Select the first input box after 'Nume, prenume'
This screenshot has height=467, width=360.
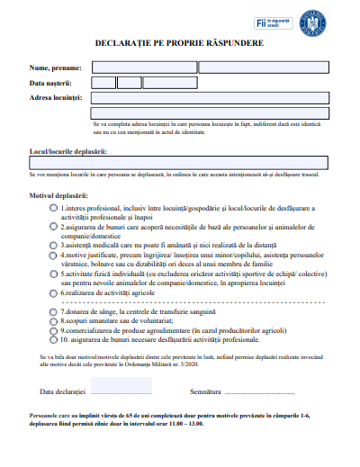coord(143,67)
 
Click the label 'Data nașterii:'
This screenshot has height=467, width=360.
coord(50,83)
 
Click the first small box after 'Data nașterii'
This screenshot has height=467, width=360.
coord(103,83)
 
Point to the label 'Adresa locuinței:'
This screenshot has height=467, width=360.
coord(56,97)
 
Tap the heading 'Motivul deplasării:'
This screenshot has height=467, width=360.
coord(59,194)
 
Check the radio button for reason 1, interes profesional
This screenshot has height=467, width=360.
coord(52,208)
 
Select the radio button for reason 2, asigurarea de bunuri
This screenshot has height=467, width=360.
coord(52,229)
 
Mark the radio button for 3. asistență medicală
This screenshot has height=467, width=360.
coord(52,244)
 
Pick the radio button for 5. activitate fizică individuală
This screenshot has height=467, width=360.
coord(52,275)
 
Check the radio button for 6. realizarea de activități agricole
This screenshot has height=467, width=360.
coord(52,293)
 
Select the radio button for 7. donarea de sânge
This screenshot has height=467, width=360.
coord(52,310)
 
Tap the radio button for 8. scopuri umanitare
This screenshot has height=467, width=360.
coord(52,320)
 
